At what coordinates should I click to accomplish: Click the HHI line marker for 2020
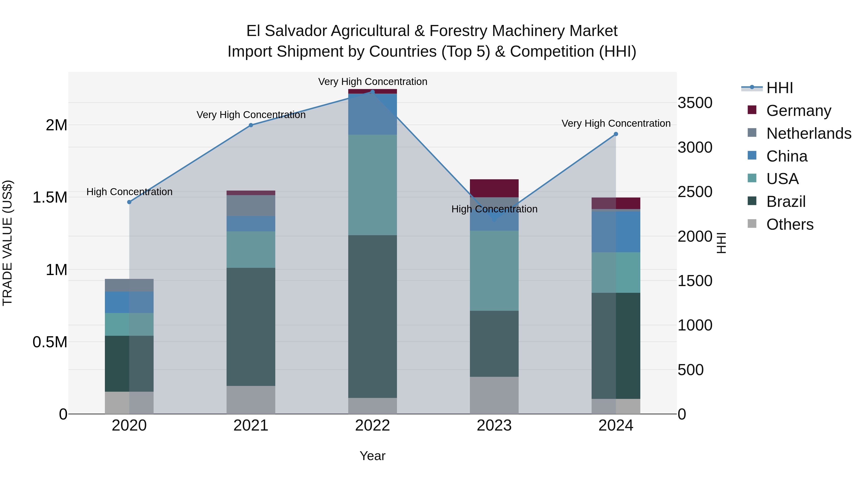pos(129,202)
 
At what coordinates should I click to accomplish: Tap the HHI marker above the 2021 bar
pos(251,125)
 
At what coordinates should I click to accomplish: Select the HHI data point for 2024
pos(616,134)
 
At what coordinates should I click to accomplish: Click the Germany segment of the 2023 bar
pos(494,188)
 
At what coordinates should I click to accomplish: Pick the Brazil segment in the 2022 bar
pos(372,316)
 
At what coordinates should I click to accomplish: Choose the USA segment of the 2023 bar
pos(494,270)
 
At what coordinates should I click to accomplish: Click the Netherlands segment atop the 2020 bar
pos(129,285)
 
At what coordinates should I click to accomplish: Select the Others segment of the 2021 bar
pos(251,400)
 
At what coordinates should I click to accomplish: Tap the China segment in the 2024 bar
pos(616,231)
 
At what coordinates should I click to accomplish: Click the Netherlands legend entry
pos(808,133)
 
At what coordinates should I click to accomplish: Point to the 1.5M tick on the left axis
pos(50,197)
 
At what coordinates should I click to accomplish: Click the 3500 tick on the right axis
pos(695,103)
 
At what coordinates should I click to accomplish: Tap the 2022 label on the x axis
pos(372,426)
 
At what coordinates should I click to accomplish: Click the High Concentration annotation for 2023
pos(494,209)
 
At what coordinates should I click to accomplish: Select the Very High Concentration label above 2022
pos(372,82)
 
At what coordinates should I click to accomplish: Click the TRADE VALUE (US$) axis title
pos(7,243)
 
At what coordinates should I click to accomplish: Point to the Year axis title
pos(372,456)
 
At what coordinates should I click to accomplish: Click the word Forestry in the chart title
pos(458,31)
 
